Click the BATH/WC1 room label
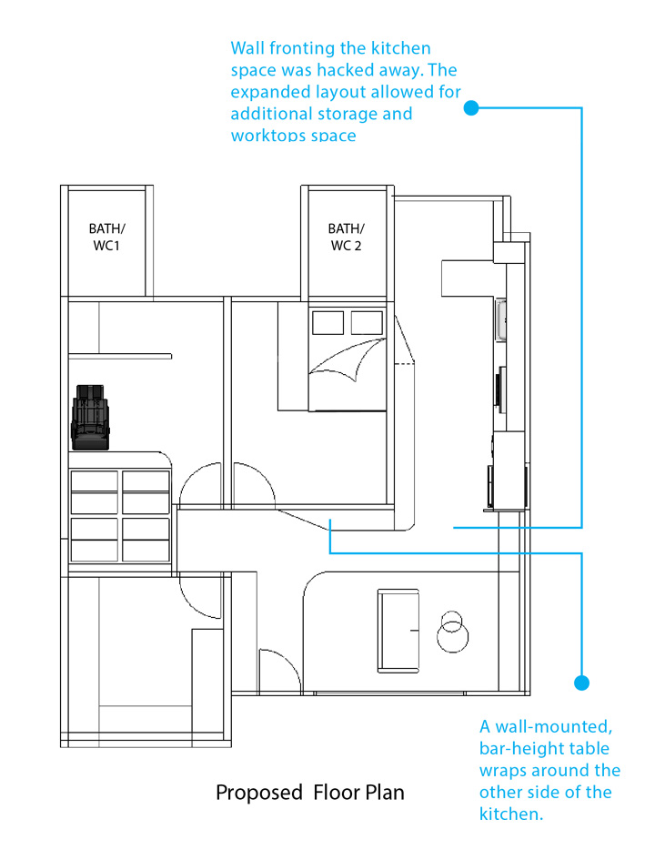tap(106, 237)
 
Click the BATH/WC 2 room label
tap(346, 237)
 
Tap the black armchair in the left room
tap(90, 418)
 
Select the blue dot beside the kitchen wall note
tap(471, 108)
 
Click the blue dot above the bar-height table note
tap(581, 683)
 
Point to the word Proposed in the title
tap(258, 793)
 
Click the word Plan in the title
tap(385, 793)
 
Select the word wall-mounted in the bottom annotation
tap(554, 727)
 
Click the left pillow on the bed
tap(327, 322)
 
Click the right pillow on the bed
tap(367, 322)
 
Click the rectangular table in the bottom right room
tap(398, 631)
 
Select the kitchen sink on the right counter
tap(500, 320)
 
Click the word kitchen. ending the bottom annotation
tap(511, 814)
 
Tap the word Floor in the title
tap(334, 793)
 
